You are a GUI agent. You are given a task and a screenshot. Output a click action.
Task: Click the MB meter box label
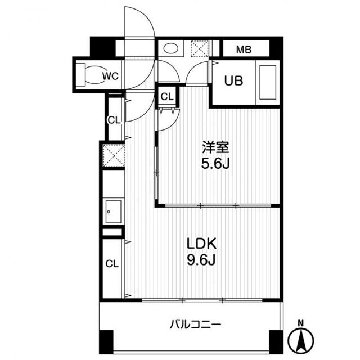pos(243,49)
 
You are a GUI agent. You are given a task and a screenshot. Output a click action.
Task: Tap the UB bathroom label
pos(234,81)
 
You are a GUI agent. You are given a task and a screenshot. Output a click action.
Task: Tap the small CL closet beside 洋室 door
pos(167,96)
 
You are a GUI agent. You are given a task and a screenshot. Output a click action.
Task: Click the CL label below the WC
pos(114,119)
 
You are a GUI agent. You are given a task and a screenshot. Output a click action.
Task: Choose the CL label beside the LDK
pos(112,263)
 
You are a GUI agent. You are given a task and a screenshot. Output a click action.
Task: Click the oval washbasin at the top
pos(169,49)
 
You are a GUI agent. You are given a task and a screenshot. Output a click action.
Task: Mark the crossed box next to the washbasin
pos(199,49)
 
